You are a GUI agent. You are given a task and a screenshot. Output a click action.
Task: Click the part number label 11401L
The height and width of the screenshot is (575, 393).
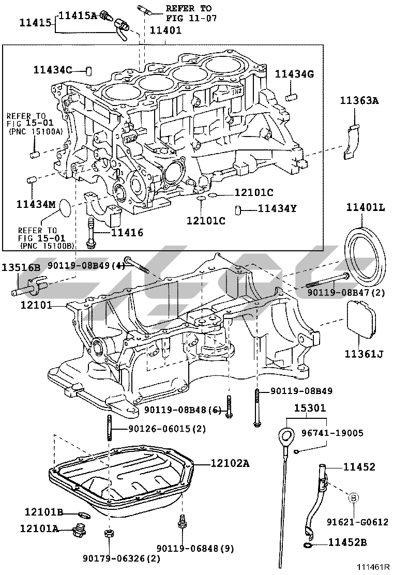[366, 208]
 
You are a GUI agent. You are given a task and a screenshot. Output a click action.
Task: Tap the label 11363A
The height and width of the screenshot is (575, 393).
[359, 101]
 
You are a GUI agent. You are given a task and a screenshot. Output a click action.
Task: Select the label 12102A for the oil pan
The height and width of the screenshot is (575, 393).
[230, 463]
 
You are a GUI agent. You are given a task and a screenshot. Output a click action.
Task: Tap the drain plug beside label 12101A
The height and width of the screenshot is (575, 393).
[80, 529]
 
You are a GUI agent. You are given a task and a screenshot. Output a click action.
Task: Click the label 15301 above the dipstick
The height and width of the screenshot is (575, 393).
[310, 408]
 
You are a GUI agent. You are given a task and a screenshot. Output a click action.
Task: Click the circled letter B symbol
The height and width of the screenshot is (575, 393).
[354, 497]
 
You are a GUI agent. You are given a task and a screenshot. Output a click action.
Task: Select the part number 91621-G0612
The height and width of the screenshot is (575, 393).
[357, 522]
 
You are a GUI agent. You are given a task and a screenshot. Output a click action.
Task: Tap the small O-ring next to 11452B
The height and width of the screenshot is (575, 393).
[308, 544]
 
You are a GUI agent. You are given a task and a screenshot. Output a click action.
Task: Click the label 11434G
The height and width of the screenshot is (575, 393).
[294, 74]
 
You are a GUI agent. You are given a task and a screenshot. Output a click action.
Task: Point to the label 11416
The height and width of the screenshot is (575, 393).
[126, 233]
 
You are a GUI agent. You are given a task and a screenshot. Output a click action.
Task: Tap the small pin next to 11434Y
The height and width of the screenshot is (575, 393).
[239, 209]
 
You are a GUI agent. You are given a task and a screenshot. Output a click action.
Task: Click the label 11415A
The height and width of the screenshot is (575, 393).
[78, 16]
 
